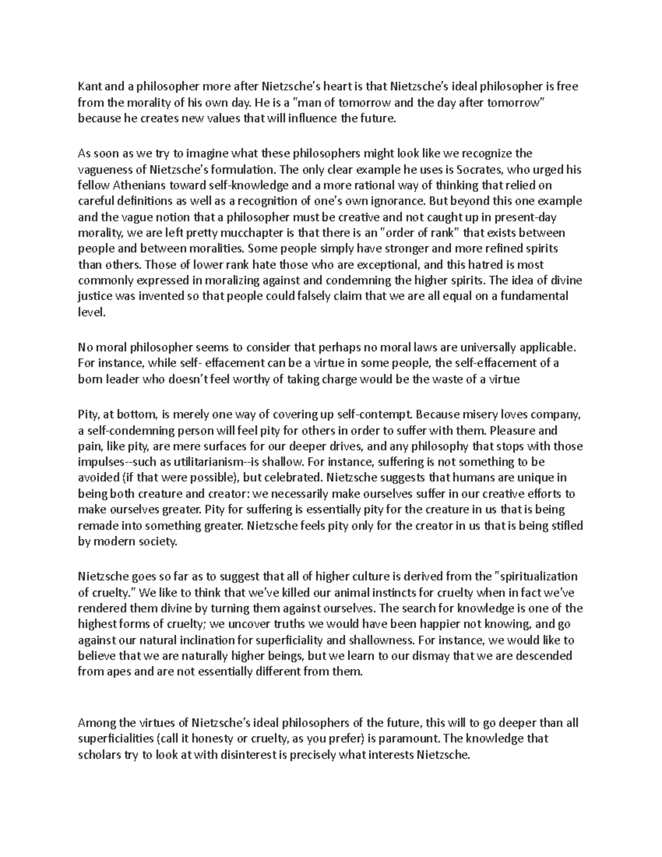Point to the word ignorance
coord(394,201)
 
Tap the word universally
coord(497,347)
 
